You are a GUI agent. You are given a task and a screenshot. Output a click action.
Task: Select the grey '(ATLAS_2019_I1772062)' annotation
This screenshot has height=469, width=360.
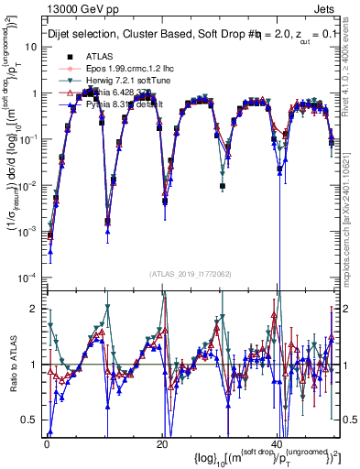[x=190, y=274]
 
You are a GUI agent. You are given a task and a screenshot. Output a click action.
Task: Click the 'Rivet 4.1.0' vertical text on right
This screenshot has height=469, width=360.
[x=353, y=64]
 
